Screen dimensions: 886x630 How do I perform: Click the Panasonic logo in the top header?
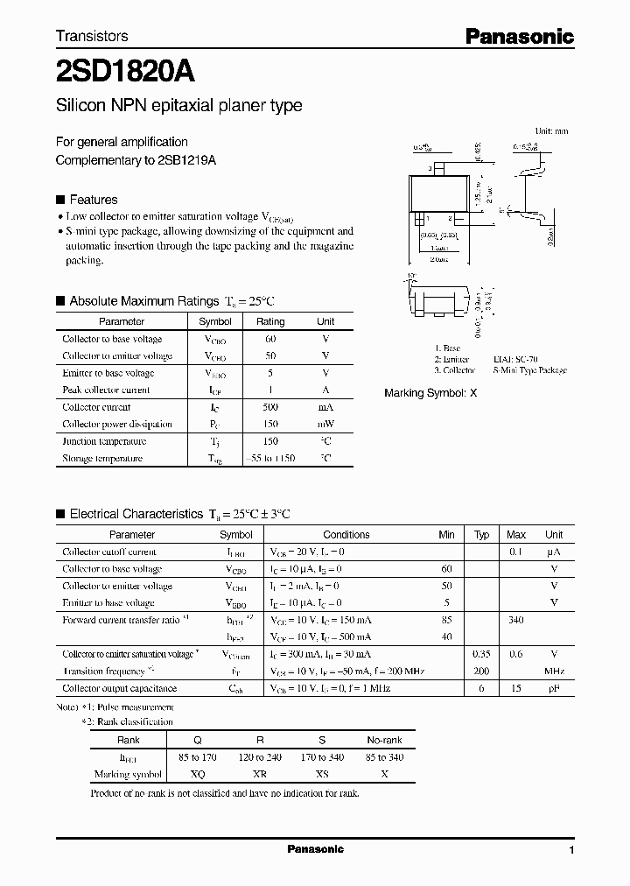pos(518,36)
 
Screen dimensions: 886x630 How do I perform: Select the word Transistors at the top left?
pos(92,36)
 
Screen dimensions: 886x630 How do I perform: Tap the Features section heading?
pos(93,200)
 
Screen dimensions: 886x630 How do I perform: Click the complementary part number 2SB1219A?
pos(187,160)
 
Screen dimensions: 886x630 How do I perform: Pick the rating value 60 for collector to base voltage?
pos(270,339)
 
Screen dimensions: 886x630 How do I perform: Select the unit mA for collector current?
pos(325,407)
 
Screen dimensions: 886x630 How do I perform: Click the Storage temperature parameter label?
pos(101,458)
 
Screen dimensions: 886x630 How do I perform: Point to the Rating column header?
pos(270,321)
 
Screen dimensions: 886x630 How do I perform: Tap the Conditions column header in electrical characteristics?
pos(346,534)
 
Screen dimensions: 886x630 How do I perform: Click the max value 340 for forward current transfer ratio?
pos(516,620)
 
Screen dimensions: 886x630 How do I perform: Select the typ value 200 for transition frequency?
pos(481,672)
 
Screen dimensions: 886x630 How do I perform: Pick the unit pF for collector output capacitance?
pos(554,688)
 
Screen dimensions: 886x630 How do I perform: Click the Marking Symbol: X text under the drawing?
pos(430,393)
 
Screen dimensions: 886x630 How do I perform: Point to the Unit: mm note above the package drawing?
pos(551,130)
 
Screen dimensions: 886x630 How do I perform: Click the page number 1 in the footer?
pos(571,850)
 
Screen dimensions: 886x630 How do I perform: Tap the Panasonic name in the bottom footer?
pos(315,849)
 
